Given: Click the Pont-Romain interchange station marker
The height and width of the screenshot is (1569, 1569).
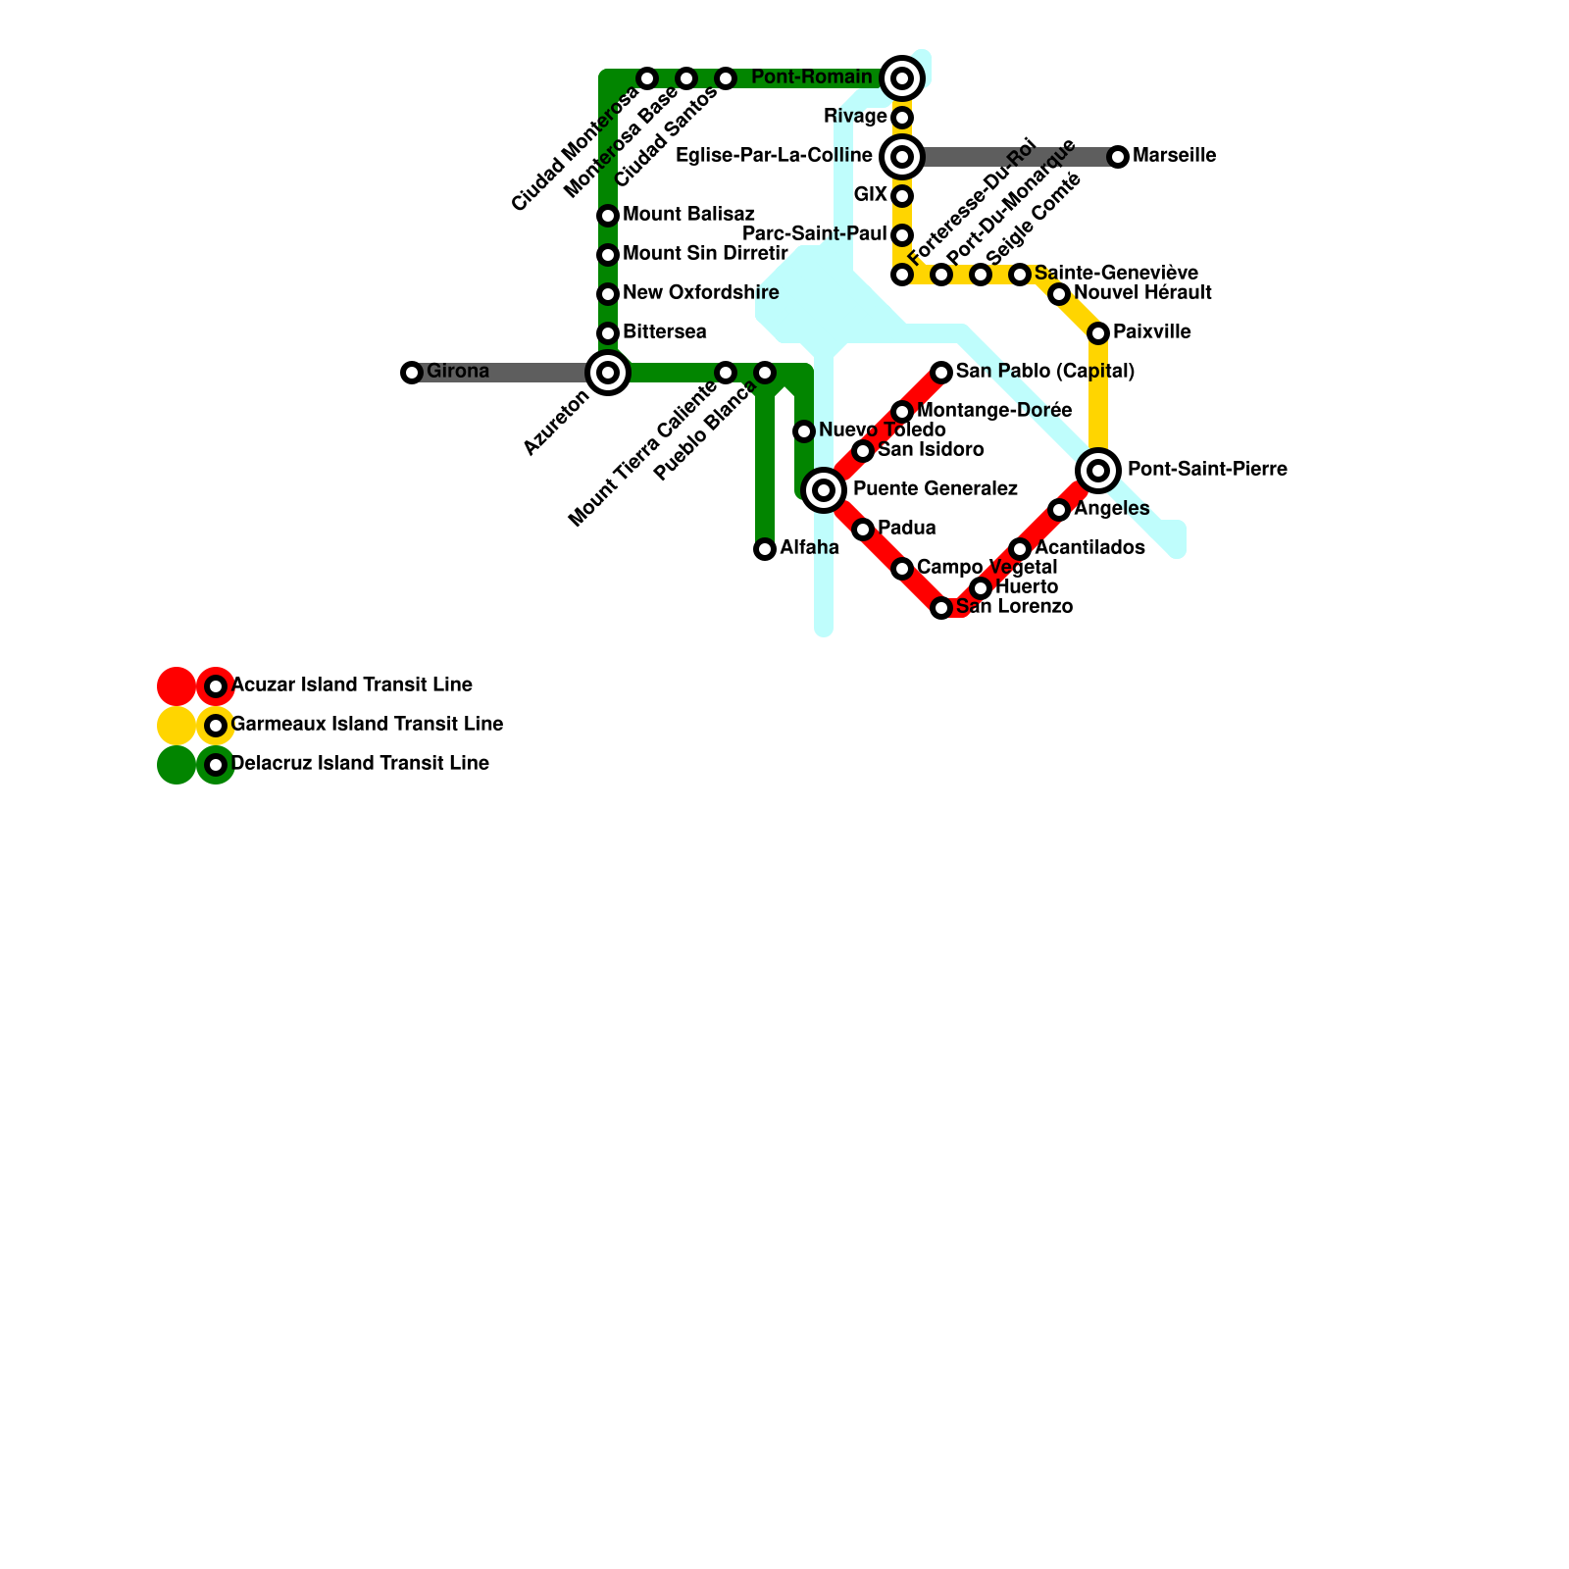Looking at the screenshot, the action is (902, 78).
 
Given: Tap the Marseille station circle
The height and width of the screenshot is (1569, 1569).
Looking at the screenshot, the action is (1118, 157).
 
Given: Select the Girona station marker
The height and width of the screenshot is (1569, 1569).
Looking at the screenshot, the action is (412, 373).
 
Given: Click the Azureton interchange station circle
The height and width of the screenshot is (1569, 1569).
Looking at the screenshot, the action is (608, 373).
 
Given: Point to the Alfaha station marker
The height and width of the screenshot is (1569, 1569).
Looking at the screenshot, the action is (765, 549).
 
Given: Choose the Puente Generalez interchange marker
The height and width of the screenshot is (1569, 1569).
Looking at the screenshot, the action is (824, 490).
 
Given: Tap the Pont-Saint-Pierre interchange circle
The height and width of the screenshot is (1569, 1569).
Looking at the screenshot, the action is (1098, 471).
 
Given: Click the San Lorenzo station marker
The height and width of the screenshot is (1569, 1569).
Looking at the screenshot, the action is (941, 608).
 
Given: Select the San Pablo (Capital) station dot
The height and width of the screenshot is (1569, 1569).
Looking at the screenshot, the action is (941, 373).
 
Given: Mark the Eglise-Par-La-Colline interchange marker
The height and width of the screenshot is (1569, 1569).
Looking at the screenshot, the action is (902, 157).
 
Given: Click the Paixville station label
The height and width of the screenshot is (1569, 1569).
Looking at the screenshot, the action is (1151, 332).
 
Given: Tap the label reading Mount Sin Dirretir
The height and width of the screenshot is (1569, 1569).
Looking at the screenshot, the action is (705, 254).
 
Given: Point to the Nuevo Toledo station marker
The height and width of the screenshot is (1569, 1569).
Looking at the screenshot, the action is (804, 431).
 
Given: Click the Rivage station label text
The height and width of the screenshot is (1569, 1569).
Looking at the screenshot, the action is (855, 117).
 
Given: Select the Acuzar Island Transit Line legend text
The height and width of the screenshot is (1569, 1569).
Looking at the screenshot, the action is (351, 685).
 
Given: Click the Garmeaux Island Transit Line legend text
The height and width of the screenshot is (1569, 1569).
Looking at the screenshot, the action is (367, 725).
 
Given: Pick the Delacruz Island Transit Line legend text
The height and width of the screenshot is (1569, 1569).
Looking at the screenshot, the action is (360, 764).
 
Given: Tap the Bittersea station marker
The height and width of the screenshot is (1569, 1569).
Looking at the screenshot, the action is (608, 333).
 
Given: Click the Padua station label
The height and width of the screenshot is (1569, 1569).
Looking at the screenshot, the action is (906, 529).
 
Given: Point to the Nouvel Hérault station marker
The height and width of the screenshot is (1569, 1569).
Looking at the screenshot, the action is (1059, 294).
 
